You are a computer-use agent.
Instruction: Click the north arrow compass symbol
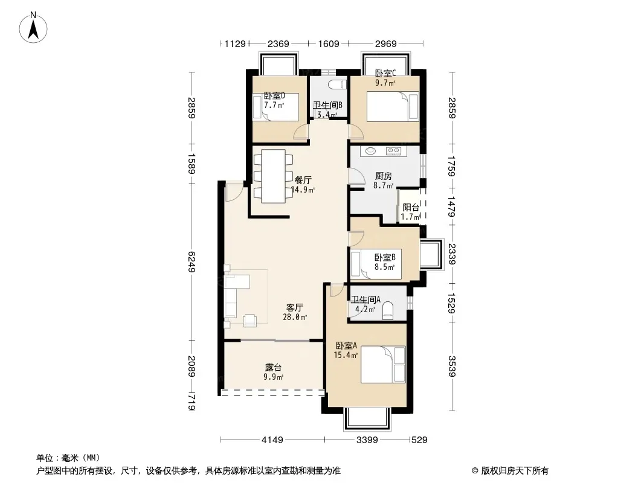coord(33,28)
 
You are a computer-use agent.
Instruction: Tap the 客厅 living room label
coord(294,307)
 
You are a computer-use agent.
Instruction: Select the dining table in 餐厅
coord(274,176)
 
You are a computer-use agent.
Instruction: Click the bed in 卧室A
coord(383,365)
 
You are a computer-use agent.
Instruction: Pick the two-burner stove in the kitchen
coord(393,151)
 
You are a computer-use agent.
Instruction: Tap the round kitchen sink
coord(371,150)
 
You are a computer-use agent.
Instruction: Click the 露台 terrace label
coord(273,367)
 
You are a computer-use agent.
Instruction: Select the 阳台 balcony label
coord(411,208)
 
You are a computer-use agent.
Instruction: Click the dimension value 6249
coord(191,262)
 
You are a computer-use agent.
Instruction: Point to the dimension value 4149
coord(272,440)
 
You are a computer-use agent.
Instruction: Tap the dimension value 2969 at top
coord(385,43)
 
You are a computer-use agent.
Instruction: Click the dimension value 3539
coord(452,366)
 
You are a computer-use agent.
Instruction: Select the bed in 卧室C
coord(392,107)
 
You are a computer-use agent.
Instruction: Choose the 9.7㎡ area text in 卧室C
coord(385,83)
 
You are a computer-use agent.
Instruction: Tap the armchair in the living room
coord(250,321)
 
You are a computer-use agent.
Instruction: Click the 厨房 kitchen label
coord(383,176)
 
